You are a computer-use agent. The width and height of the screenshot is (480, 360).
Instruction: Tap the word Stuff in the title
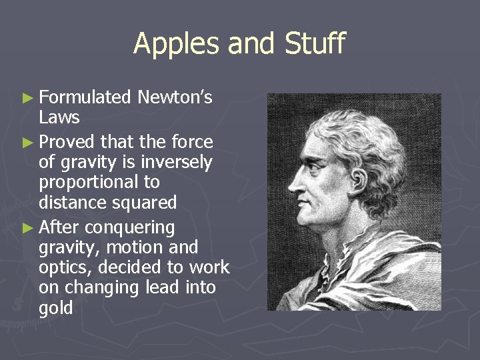pos(315,44)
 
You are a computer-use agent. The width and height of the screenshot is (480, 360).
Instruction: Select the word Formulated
pos(85,98)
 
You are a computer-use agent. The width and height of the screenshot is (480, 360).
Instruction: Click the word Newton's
pos(175,98)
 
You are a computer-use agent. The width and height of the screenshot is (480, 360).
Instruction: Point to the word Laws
pos(59,118)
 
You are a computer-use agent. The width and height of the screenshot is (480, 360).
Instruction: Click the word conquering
pos(130,228)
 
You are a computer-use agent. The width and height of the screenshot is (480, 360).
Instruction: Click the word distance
pos(70,202)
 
